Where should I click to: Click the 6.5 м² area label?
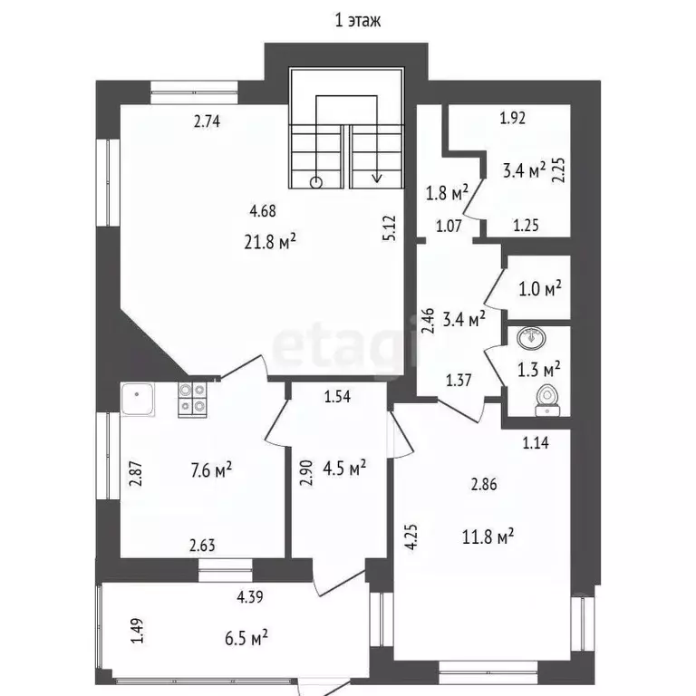pyautogui.click(x=244, y=639)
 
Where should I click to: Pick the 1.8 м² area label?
pyautogui.click(x=447, y=192)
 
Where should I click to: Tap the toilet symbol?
pyautogui.click(x=546, y=398)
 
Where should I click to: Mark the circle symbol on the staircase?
pyautogui.click(x=315, y=181)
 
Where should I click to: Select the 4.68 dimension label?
pyautogui.click(x=263, y=212)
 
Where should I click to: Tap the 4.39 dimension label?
pyautogui.click(x=251, y=596)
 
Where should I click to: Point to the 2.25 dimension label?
pyautogui.click(x=559, y=170)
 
